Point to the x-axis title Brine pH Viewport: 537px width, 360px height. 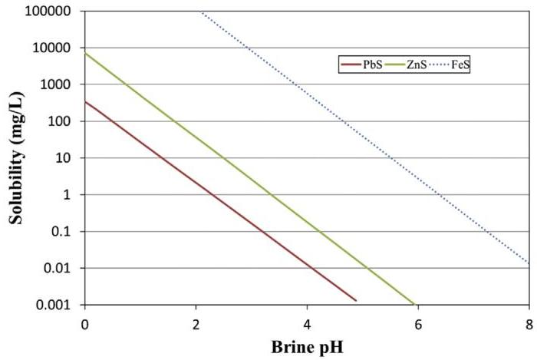307,346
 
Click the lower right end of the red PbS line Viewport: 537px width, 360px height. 356,300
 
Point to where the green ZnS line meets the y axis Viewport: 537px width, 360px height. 84,53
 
